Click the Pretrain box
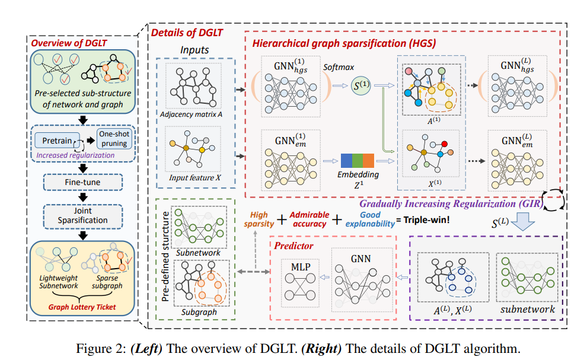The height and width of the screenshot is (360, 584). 58,141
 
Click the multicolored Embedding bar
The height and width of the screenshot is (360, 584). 357,161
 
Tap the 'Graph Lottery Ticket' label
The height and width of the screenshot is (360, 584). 82,308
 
